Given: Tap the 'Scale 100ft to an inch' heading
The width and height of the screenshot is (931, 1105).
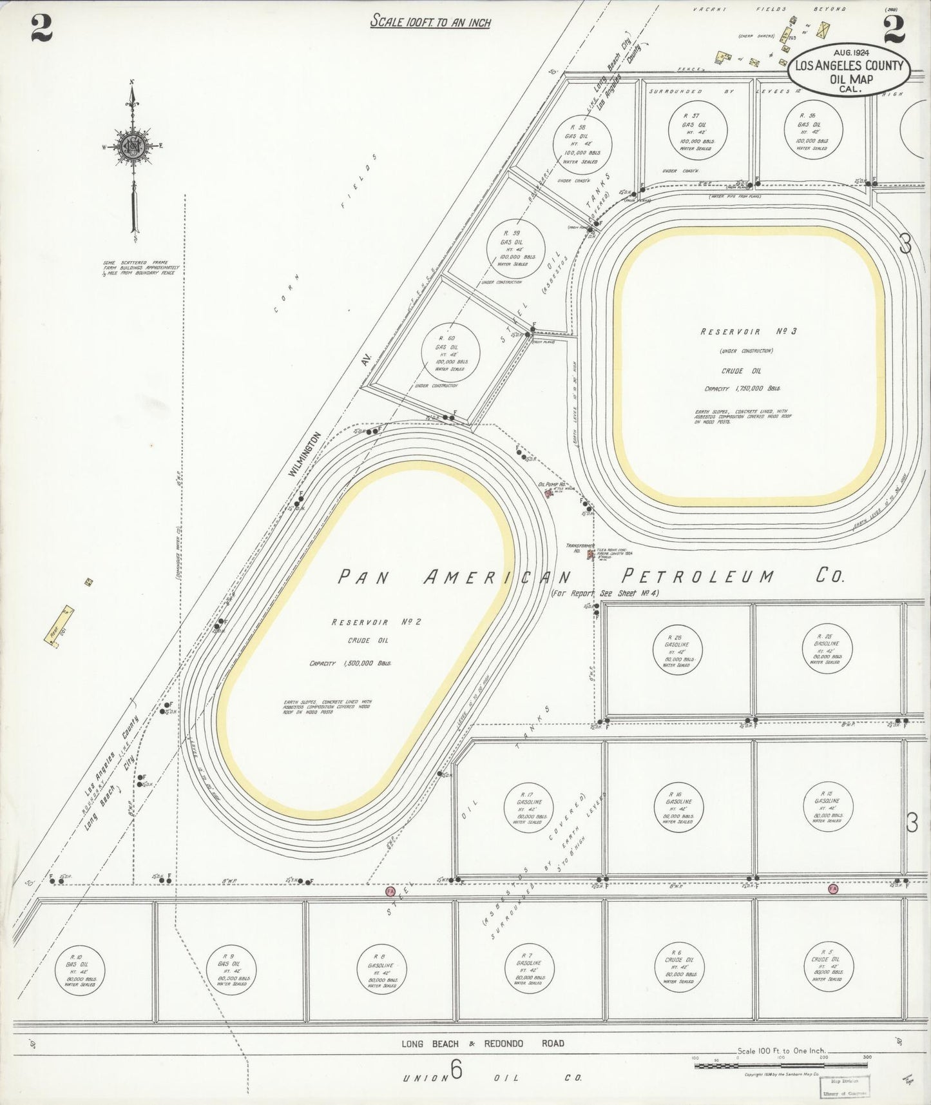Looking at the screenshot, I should point(430,23).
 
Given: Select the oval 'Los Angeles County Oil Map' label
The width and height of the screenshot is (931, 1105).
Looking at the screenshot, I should point(850,73).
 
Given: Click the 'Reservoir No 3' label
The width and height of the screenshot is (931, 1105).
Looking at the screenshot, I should point(749,331).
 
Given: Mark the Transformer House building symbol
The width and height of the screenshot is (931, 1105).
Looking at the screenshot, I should point(590,553).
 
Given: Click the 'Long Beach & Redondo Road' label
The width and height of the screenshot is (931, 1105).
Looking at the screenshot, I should point(483,1044).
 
